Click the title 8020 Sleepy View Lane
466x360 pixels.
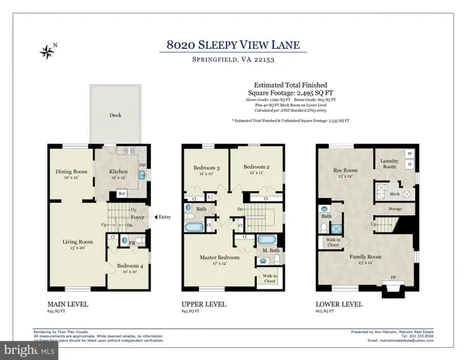(233, 45)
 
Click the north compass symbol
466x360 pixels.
(48, 52)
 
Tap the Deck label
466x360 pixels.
(116, 115)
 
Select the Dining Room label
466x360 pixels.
(72, 172)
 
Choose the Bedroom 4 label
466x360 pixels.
(129, 265)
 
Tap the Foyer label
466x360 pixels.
(137, 219)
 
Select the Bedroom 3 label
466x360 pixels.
(206, 167)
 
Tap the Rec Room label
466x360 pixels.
(344, 170)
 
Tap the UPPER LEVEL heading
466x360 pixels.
(204, 305)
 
